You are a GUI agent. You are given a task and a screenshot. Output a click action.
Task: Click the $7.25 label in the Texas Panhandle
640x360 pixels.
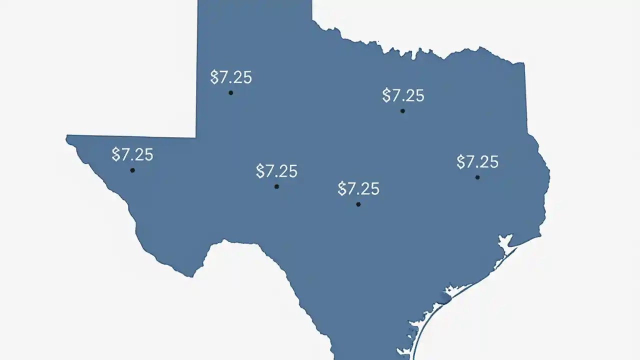pos(231,77)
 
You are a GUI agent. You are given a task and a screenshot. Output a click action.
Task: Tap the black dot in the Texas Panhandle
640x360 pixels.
pos(230,92)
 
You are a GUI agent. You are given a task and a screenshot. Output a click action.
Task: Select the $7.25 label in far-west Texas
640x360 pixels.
pos(132,154)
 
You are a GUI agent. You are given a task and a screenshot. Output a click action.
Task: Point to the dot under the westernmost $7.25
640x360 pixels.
pos(132,170)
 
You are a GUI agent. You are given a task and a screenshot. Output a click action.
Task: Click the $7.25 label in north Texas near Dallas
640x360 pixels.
pos(403,95)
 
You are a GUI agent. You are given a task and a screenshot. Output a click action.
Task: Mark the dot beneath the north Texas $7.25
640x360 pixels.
pos(402,111)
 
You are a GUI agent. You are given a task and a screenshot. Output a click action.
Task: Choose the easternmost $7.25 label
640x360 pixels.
pos(477,162)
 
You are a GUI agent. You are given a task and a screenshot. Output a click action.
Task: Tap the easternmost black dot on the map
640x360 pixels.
pos(477,177)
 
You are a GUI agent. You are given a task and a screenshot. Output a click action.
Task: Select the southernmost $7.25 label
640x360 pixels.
pos(358,188)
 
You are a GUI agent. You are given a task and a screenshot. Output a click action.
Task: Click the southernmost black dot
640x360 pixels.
pos(358,204)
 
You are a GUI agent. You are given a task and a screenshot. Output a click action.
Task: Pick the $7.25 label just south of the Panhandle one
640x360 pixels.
pos(276,171)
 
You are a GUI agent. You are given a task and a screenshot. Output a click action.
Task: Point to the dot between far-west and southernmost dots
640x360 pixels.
pos(276,186)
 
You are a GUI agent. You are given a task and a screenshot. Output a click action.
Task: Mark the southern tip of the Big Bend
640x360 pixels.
pos(190,274)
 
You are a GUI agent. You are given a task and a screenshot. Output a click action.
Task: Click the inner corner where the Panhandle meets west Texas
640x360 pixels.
pos(196,136)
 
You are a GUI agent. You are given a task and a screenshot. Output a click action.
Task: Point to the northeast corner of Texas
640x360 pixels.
pos(524,64)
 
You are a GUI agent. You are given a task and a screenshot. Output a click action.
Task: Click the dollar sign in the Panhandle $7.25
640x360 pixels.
pos(214,77)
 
